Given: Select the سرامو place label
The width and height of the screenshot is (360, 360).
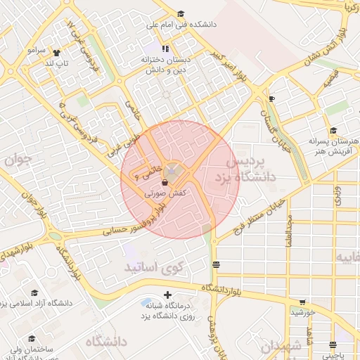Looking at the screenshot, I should point(37,51).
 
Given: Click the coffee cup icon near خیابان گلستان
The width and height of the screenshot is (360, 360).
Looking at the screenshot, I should point(271,98).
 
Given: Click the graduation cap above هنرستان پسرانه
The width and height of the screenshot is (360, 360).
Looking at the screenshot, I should point(333,130).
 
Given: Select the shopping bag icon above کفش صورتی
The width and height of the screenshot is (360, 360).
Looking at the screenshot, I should point(164,182).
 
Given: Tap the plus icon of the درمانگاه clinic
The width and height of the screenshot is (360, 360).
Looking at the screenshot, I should point(167,295).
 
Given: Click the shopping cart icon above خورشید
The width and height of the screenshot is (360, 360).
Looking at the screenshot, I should point(302,302).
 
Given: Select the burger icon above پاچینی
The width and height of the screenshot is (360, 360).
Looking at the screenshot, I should point(332,335).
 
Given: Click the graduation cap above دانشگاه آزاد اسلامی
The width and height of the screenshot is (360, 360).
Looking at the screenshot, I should point(34,293).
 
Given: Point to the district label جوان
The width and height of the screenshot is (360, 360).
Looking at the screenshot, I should point(19,160).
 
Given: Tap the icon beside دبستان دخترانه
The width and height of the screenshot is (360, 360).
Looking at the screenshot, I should point(165,49).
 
